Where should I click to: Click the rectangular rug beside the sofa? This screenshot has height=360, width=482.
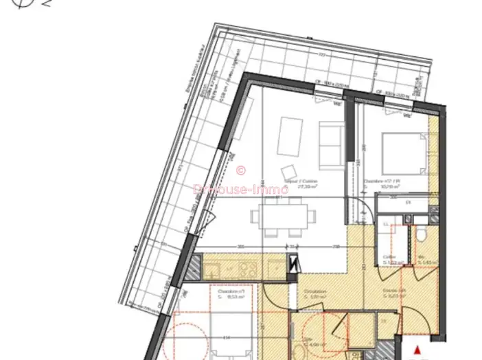click(291, 135)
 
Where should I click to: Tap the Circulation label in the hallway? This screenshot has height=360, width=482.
click(315, 293)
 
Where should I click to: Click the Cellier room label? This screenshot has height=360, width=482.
click(389, 258)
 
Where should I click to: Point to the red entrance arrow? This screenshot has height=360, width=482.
click(416, 350)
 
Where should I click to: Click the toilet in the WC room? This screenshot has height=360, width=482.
click(420, 237)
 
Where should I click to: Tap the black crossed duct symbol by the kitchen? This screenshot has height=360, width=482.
click(295, 262)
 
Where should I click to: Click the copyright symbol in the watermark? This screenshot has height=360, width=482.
click(240, 170)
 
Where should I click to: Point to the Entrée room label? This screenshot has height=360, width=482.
click(393, 291)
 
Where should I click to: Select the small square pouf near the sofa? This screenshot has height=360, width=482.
click(286, 172)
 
